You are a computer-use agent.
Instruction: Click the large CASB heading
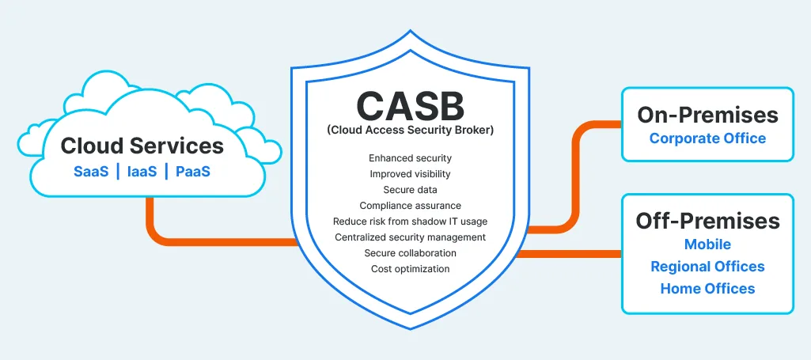pos(410,105)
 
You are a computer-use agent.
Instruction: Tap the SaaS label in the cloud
pos(91,172)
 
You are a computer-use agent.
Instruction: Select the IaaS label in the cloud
pos(142,172)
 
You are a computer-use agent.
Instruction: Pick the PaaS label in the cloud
pos(193,172)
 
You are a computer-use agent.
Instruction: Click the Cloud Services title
pos(142,146)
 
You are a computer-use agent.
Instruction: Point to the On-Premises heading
pos(707,115)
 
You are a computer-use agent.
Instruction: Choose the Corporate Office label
pos(707,138)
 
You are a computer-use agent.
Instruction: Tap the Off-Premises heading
pos(707,221)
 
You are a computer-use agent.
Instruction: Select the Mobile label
pos(707,244)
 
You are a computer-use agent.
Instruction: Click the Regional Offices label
pos(707,267)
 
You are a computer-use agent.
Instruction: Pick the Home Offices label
pos(707,289)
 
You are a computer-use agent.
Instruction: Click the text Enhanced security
pos(410,158)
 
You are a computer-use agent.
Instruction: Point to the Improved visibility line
pos(410,174)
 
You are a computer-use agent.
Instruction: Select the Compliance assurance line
pos(410,206)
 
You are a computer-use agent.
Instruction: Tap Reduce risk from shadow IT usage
pos(410,222)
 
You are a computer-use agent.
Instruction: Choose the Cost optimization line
pos(410,269)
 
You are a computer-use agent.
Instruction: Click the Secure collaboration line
pos(410,253)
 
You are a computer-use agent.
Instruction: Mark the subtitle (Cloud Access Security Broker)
pos(410,131)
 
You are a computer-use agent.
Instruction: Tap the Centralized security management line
pos(410,237)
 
